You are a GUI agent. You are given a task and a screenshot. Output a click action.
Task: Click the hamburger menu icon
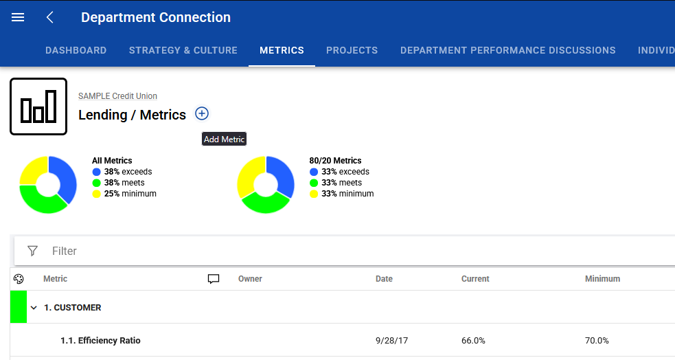[18, 17]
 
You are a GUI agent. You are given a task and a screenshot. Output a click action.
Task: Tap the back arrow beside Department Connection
[50, 17]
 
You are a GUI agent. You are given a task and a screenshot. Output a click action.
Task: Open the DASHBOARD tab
[76, 50]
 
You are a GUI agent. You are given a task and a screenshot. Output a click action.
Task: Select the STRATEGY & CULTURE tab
[183, 50]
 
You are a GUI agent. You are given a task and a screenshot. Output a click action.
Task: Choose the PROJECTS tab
[352, 50]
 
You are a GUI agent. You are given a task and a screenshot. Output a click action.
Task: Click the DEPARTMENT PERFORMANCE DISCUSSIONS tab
[508, 50]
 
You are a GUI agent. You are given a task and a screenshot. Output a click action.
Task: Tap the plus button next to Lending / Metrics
[202, 113]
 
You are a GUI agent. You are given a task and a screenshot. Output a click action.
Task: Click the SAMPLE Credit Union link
[117, 96]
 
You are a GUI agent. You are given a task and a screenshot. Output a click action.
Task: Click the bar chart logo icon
[38, 106]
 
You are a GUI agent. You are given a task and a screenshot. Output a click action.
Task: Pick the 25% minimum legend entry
[124, 194]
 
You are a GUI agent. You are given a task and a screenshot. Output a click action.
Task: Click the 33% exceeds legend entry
[339, 171]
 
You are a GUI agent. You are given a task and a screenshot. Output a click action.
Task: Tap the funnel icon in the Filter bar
[32, 251]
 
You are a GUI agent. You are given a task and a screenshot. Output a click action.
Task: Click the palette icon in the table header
[19, 279]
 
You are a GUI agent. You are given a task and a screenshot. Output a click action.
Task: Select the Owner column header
[250, 279]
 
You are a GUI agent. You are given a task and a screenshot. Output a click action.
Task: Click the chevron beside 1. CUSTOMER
[34, 308]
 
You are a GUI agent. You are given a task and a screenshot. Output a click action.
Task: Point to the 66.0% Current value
[473, 341]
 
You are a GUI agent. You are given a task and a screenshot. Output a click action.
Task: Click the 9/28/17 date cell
[391, 341]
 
